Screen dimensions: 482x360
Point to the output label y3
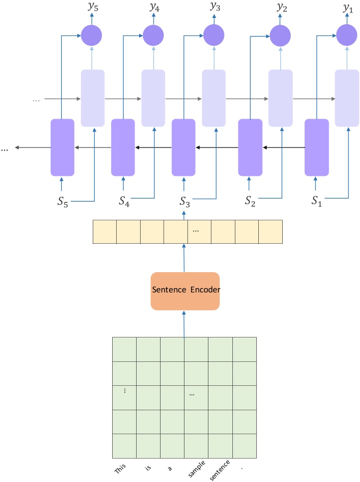(x=214, y=8)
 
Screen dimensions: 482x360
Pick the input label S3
(x=184, y=201)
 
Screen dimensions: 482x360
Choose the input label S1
(x=316, y=201)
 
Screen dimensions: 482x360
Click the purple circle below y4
(x=153, y=35)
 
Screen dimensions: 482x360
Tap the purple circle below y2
(x=280, y=35)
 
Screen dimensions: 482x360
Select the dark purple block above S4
(x=123, y=147)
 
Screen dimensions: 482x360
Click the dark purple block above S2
(x=250, y=147)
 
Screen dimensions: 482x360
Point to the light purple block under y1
(x=347, y=98)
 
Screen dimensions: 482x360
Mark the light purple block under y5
(x=93, y=98)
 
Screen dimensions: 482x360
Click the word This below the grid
(x=121, y=469)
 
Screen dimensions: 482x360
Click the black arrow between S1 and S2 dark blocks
(x=284, y=148)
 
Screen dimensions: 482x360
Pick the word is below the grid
(x=148, y=468)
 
